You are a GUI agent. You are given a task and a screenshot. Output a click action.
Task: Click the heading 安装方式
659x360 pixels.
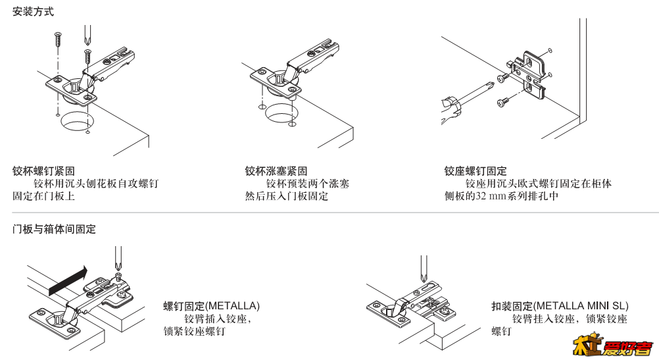tap(34, 12)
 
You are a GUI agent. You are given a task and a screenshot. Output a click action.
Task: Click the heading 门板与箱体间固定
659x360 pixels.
tap(54, 229)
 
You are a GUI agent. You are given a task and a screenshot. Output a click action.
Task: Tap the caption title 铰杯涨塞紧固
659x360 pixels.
tap(276, 171)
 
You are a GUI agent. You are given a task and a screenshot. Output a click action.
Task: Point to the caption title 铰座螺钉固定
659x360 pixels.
tap(476, 171)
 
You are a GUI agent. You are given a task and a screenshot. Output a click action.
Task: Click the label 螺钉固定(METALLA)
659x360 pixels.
tap(211, 306)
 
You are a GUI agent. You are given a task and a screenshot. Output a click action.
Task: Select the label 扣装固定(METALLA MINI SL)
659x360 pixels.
tap(560, 306)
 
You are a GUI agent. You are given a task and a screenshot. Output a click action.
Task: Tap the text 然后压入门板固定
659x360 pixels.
tap(286, 196)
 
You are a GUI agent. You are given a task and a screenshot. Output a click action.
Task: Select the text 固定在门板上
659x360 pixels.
tap(43, 196)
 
